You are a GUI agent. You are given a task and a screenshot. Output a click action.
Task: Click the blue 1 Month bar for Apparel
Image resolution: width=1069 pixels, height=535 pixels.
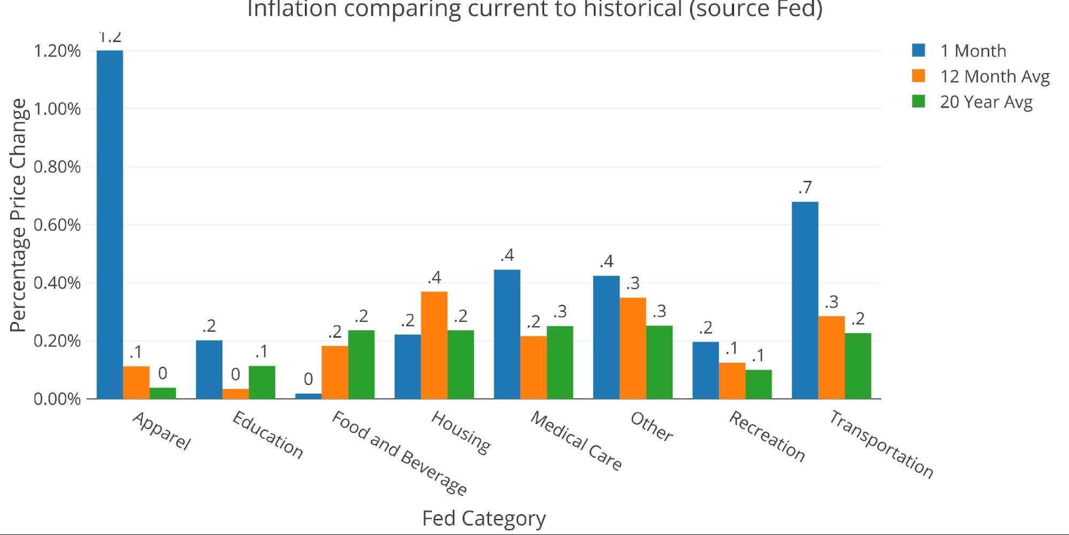[x=110, y=225]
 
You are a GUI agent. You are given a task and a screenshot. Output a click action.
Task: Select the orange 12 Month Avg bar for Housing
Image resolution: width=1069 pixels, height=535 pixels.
[x=434, y=345]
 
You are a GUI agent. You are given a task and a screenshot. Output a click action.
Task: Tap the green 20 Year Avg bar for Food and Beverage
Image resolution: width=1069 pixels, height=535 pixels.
[x=361, y=364]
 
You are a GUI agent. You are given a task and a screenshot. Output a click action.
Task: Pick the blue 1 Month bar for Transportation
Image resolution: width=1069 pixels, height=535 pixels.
[x=805, y=300]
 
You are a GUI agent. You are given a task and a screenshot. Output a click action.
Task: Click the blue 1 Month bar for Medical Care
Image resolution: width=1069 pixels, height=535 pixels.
[x=507, y=334]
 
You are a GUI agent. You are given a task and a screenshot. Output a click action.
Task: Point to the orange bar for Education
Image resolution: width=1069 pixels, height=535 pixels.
[x=235, y=394]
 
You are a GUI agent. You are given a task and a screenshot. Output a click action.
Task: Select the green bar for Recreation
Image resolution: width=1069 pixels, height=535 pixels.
[x=758, y=384]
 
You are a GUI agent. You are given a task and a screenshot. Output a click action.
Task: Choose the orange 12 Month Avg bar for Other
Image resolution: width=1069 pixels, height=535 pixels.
[x=632, y=348]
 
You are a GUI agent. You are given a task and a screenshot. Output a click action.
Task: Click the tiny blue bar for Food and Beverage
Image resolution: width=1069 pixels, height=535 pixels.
[x=308, y=396]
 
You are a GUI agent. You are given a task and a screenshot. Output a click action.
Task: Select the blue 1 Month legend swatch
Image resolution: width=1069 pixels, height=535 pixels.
[x=919, y=51]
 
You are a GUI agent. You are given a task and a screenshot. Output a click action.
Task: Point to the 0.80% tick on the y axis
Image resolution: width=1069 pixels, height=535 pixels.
[x=57, y=167]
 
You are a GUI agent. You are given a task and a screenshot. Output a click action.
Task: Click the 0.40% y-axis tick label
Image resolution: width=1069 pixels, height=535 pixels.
[x=57, y=283]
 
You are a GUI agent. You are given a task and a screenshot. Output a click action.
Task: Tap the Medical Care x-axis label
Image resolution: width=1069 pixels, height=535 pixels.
[x=576, y=441]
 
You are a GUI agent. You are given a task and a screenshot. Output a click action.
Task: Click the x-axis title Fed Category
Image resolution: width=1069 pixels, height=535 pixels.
[x=484, y=518]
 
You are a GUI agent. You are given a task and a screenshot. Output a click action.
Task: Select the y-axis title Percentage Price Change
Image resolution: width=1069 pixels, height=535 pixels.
[x=18, y=215]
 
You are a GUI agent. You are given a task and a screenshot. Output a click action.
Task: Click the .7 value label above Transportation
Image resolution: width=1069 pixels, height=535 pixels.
[x=805, y=188]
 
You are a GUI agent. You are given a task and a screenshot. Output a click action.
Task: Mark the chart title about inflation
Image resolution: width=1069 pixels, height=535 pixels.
[x=534, y=9]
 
